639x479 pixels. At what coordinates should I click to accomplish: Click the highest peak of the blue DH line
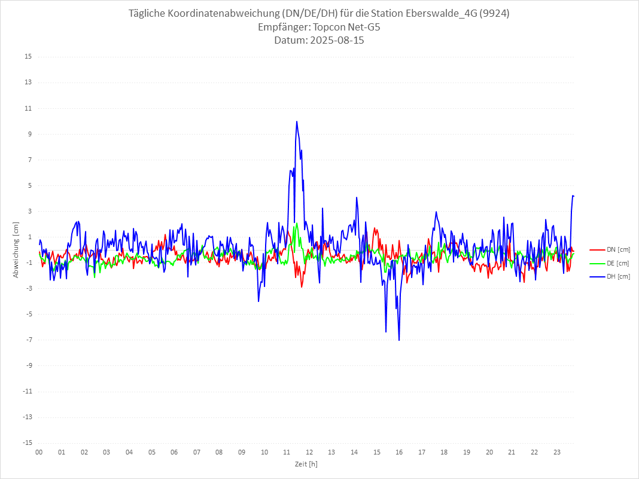296,121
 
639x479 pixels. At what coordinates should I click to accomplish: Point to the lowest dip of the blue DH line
399,340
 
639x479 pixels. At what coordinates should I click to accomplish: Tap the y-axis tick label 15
28,57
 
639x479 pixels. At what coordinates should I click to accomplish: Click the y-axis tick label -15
27,443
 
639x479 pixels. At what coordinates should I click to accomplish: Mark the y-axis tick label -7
28,340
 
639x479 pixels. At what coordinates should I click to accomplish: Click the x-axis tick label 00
39,452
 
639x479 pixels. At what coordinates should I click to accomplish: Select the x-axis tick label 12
309,452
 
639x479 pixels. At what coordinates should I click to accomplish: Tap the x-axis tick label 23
557,452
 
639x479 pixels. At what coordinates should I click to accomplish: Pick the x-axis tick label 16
399,452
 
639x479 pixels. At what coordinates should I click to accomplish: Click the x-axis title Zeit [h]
306,464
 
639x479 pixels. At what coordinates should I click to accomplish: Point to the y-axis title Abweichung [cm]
16,250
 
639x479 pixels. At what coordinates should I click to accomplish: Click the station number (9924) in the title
495,13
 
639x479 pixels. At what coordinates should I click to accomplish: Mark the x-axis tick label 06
174,452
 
